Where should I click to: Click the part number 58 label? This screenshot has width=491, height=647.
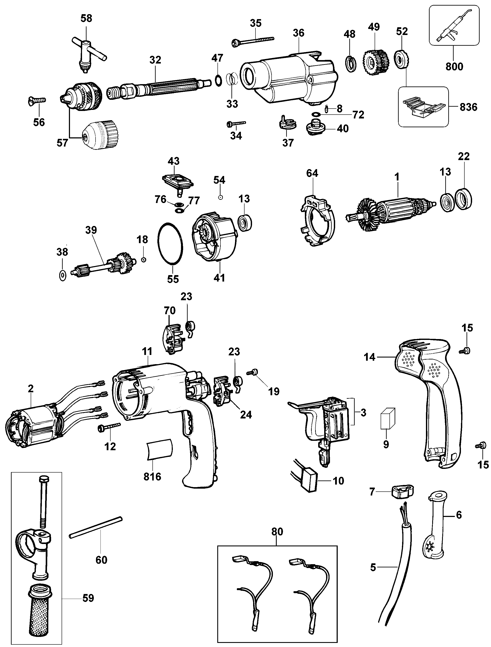click(86, 18)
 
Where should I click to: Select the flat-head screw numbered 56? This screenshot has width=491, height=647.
click(36, 100)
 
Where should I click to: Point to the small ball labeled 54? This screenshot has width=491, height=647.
click(221, 197)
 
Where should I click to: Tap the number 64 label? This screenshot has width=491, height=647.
click(312, 173)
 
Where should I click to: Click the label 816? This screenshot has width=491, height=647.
click(152, 477)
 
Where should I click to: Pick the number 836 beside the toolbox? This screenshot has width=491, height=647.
click(468, 107)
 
